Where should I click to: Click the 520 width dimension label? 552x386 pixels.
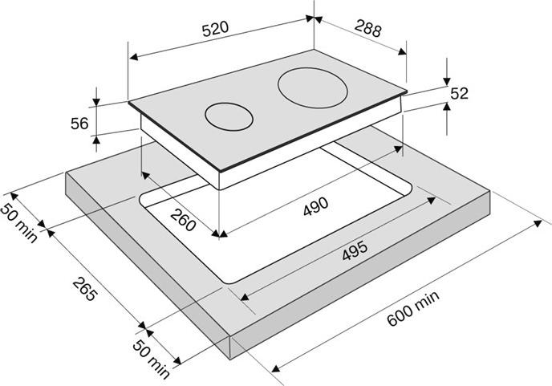click(x=216, y=29)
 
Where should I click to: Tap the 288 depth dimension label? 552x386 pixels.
click(x=368, y=29)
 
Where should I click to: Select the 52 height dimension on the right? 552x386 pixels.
click(x=460, y=93)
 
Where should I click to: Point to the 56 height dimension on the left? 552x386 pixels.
click(x=79, y=124)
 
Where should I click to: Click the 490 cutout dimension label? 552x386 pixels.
click(x=316, y=207)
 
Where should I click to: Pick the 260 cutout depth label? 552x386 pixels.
click(x=183, y=219)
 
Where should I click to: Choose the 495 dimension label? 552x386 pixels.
click(x=355, y=250)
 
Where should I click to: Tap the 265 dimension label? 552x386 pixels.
click(x=84, y=289)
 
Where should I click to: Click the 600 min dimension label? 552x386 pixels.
click(x=413, y=308)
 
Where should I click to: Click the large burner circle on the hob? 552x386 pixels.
click(x=312, y=87)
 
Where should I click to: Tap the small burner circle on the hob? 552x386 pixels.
click(x=229, y=117)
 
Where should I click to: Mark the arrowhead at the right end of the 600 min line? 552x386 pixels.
click(x=538, y=223)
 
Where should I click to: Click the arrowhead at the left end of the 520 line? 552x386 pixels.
click(x=133, y=57)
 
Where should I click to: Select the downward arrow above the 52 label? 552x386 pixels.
click(x=447, y=80)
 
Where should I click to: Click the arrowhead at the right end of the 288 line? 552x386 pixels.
click(x=403, y=52)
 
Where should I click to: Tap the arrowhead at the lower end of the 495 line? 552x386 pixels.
click(x=245, y=298)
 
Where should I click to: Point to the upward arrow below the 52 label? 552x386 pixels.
click(x=447, y=107)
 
